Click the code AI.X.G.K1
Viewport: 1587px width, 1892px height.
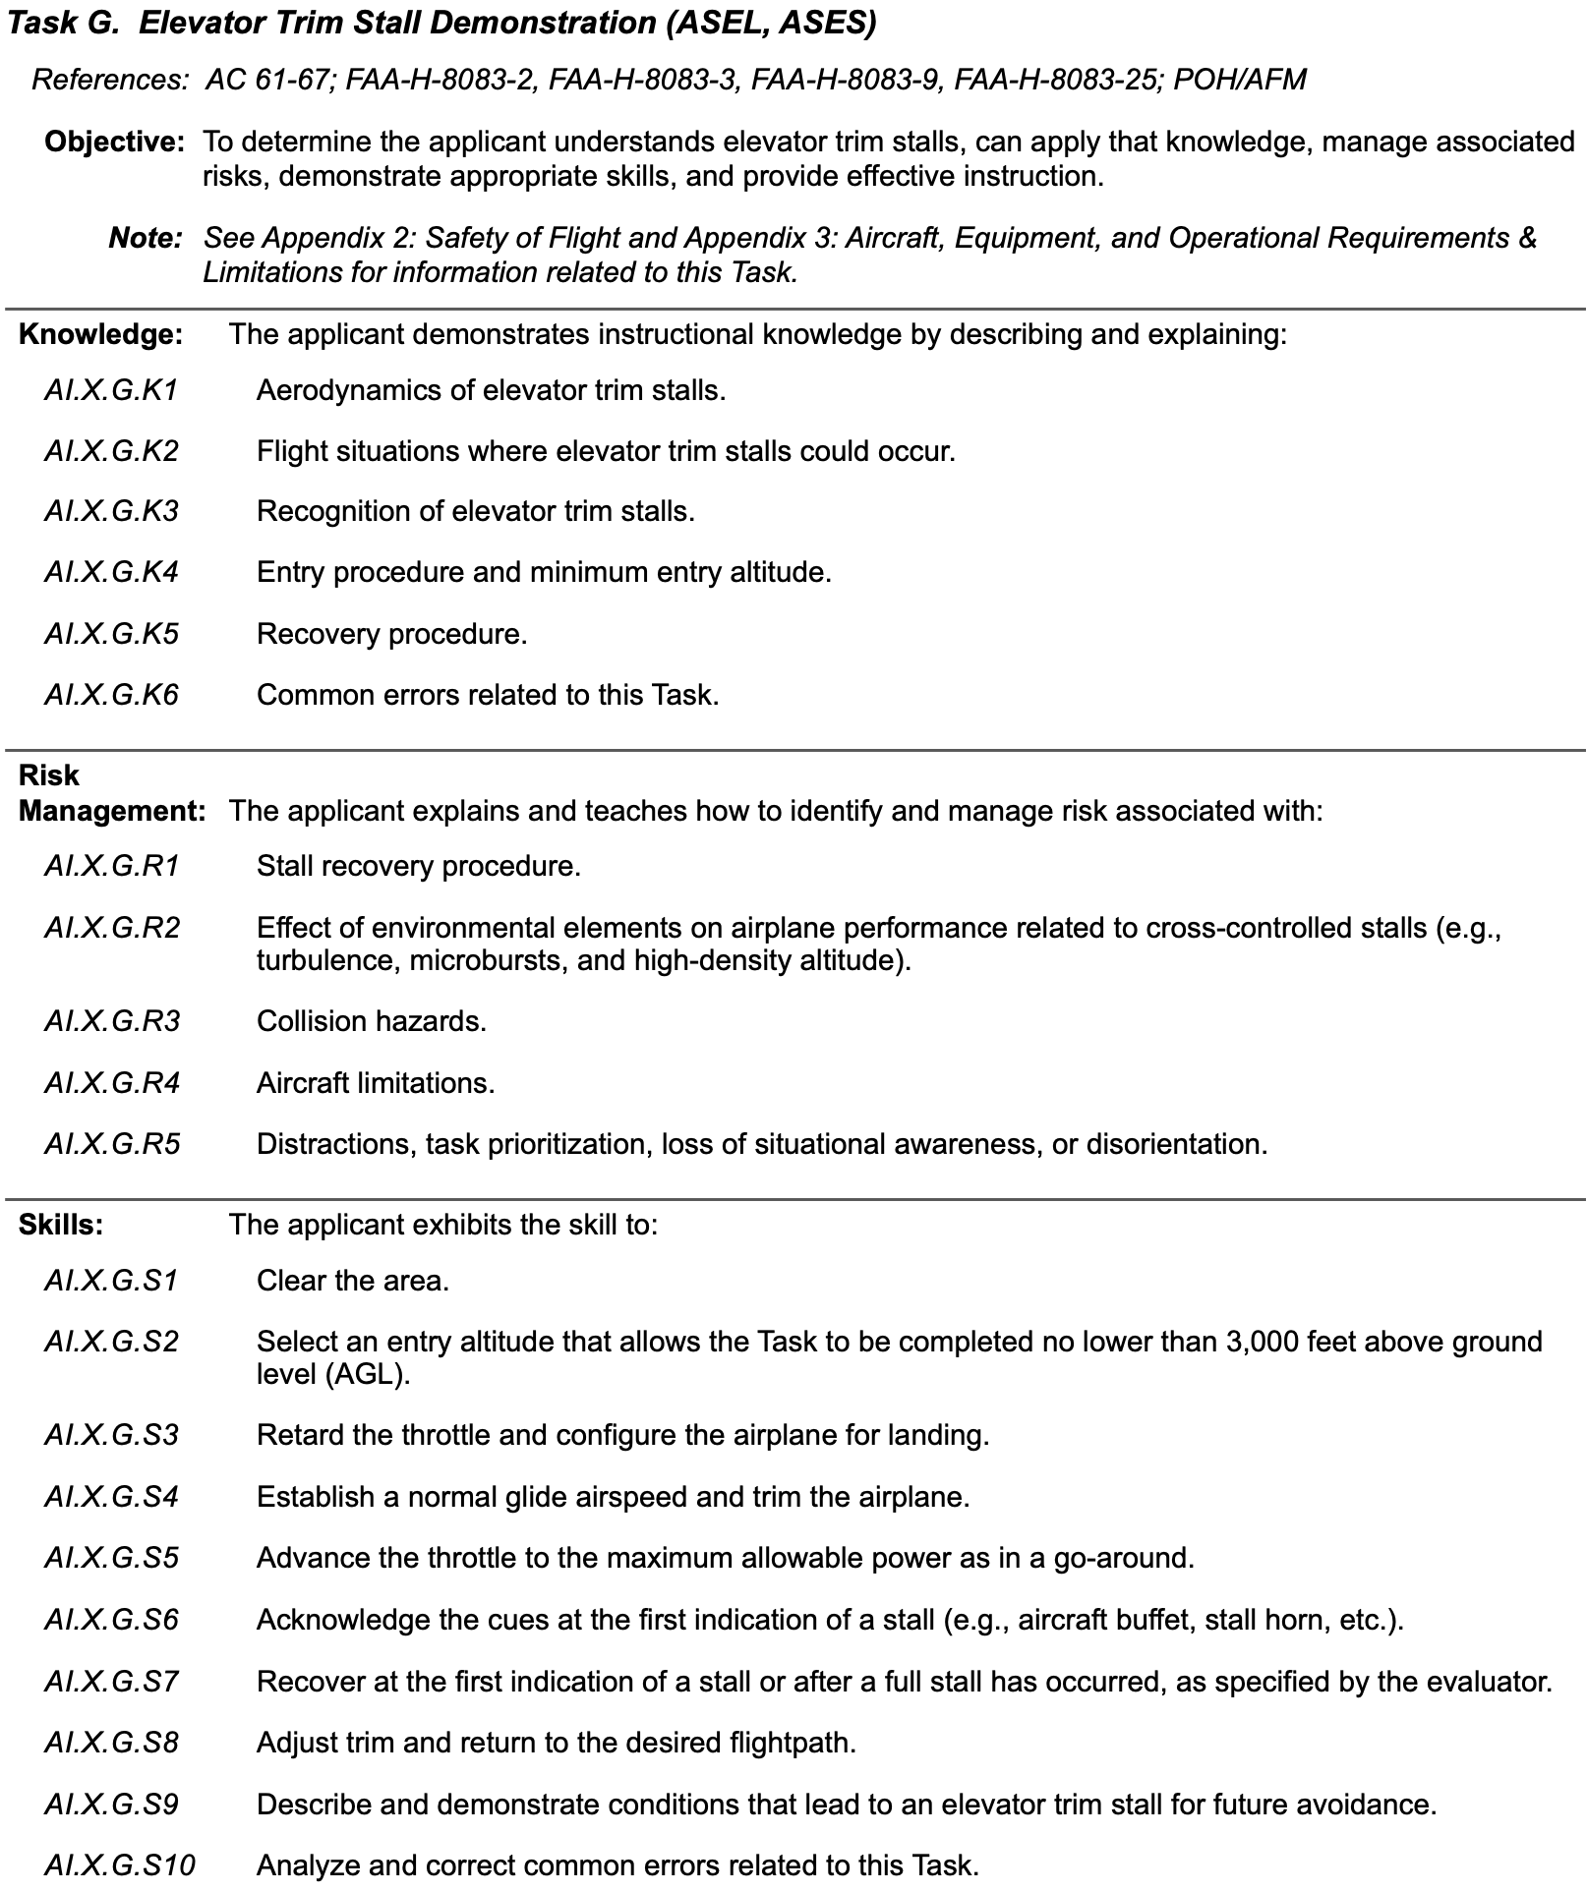[111, 391]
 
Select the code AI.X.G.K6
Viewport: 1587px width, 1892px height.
[111, 696]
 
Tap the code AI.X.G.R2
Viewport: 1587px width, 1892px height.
[112, 928]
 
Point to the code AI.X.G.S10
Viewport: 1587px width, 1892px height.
[119, 1864]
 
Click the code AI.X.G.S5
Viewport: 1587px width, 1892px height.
[111, 1559]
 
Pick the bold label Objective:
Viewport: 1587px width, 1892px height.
[114, 142]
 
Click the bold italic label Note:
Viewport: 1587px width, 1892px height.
[146, 238]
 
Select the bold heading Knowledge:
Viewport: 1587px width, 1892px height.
[100, 335]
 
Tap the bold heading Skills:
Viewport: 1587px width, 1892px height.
[61, 1226]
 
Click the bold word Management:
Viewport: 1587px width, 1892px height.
[112, 812]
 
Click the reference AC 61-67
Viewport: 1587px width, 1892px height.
[266, 80]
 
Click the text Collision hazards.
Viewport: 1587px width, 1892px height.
[371, 1022]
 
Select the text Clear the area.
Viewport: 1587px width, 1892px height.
[352, 1282]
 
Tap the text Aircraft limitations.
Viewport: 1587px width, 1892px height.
[375, 1084]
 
